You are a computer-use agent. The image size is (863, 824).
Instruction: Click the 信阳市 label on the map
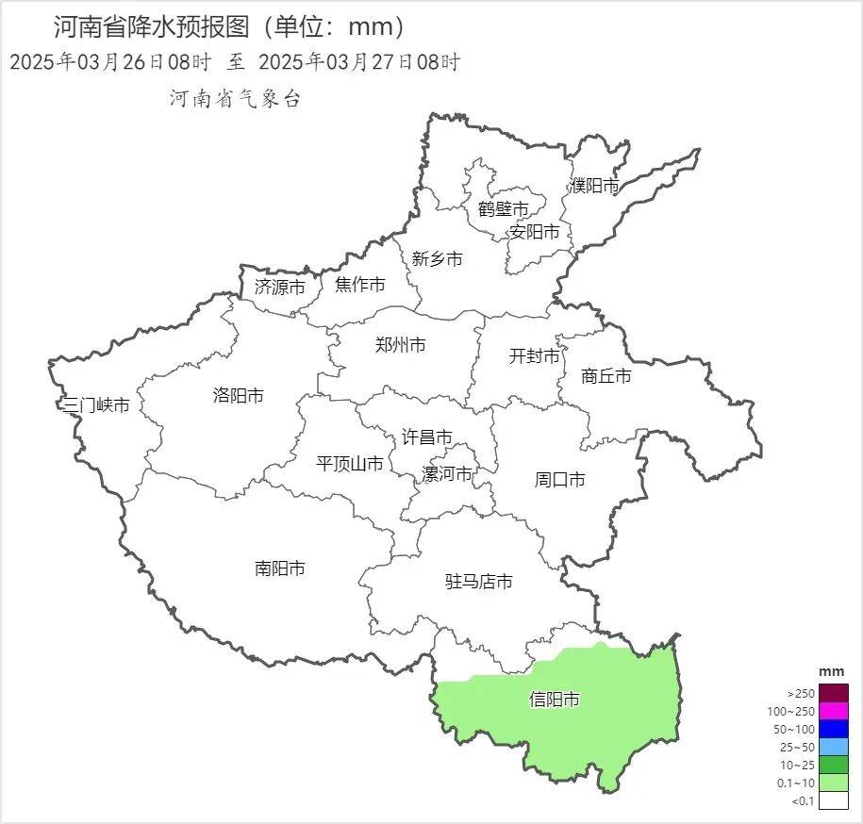point(554,700)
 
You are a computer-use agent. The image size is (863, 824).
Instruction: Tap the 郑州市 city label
point(400,345)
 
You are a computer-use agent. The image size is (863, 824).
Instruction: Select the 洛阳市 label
point(239,396)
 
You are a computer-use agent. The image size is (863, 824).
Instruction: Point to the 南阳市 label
point(280,569)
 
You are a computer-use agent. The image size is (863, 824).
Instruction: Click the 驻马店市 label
point(479,583)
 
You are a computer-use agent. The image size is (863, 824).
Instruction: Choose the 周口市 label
point(559,480)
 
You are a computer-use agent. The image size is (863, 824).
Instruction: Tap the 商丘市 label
point(606,376)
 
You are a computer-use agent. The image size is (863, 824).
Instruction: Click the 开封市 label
point(534,356)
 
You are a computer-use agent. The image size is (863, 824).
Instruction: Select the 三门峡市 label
point(95,405)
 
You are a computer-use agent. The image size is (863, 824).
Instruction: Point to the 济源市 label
point(280,287)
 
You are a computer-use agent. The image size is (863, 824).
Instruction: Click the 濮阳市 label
point(594,186)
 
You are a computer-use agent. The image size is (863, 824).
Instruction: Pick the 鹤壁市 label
point(503,209)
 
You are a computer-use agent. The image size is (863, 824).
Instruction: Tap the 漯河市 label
point(447,474)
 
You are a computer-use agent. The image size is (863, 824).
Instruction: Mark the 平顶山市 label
point(350,464)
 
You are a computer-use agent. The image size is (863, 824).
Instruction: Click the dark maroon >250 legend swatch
point(834,692)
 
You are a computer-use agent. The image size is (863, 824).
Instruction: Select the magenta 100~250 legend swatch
point(834,711)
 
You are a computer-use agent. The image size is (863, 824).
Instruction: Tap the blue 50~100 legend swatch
point(834,729)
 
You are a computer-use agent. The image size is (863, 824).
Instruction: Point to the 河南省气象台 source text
point(235,99)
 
